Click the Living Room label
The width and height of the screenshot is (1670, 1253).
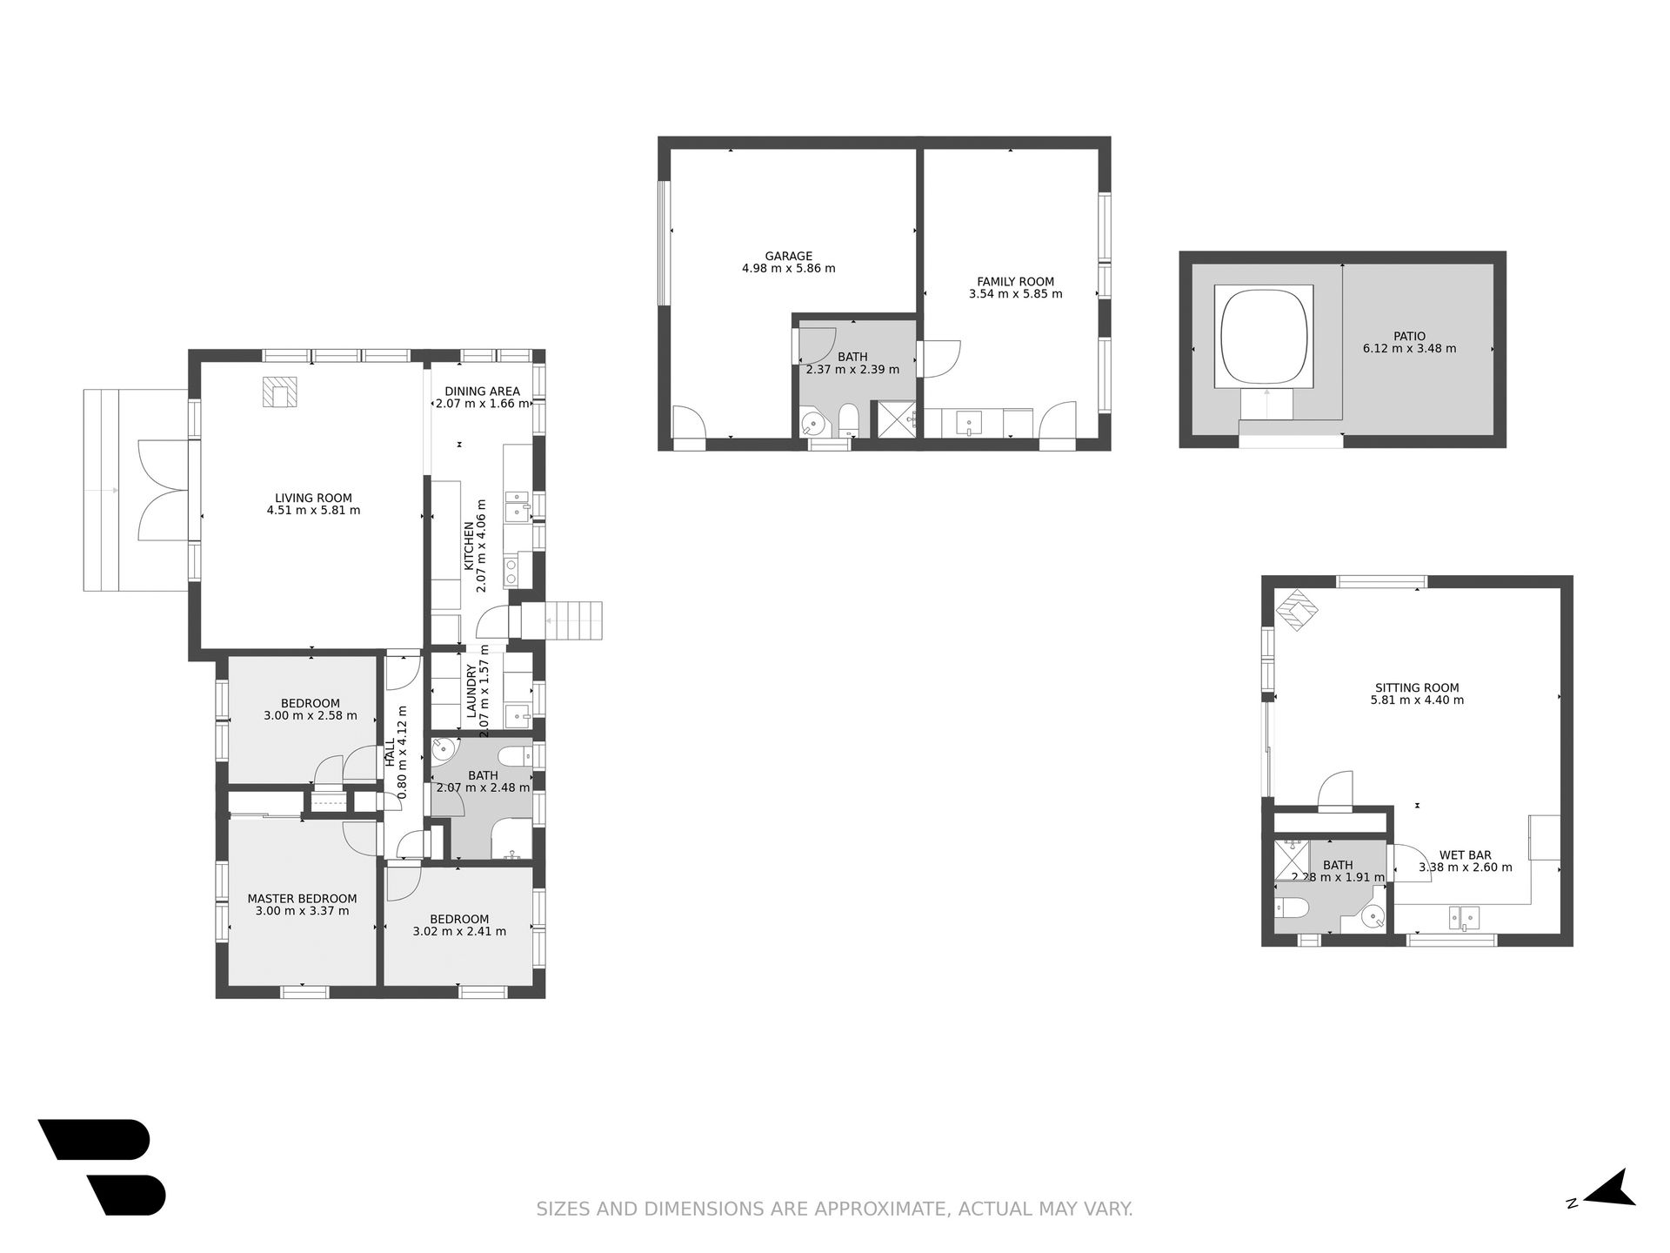313,499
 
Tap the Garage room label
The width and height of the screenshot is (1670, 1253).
789,257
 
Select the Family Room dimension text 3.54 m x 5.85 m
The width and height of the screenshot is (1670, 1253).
1015,294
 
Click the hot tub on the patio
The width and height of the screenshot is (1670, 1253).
1263,338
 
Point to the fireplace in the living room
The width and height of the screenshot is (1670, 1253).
279,392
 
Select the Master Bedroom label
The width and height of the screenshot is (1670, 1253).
302,899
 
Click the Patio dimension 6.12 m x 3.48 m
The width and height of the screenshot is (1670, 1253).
1409,349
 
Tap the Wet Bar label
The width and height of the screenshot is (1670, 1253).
1465,855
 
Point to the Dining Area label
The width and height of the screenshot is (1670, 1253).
482,392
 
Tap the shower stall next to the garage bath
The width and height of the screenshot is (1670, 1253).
897,419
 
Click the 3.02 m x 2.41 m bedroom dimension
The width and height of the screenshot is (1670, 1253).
459,931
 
